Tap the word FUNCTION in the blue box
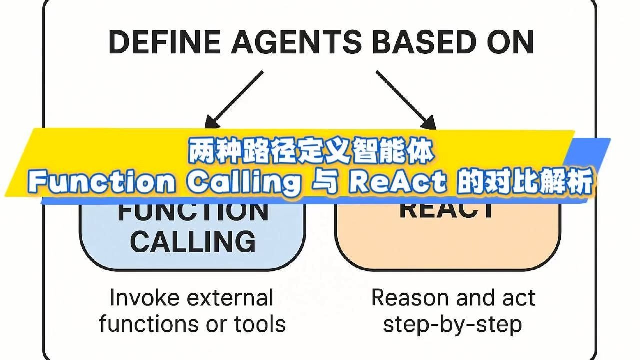tap(193, 212)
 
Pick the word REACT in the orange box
tap(447, 210)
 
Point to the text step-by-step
tap(452, 325)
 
